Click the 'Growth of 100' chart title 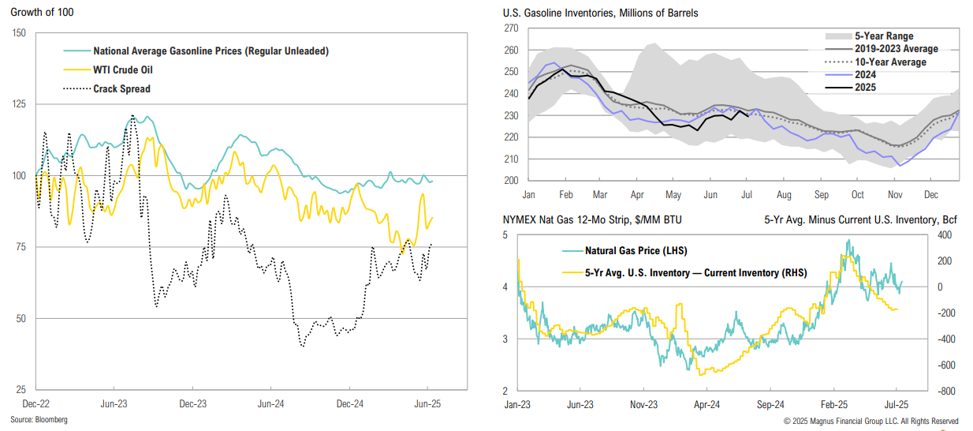[39, 13]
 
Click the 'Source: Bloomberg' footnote [39, 420]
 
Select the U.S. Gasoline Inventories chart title [600, 13]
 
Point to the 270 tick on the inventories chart [511, 28]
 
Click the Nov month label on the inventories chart [895, 194]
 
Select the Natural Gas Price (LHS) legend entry [636, 251]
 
